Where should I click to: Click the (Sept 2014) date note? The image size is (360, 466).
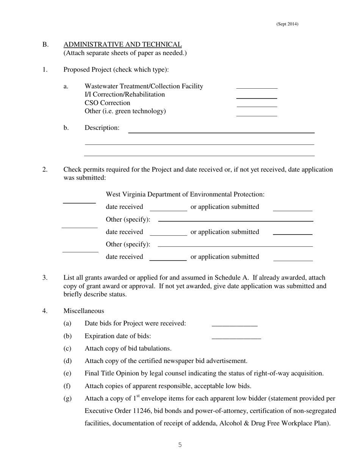tap(287, 24)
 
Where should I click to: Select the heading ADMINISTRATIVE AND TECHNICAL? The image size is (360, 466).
tap(122, 45)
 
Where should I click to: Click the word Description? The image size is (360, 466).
tap(102, 128)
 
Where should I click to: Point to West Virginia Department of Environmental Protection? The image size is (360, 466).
tap(185, 194)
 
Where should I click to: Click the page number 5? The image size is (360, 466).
tap(180, 445)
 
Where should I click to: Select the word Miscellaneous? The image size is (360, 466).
tap(83, 311)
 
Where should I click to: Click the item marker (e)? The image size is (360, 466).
tap(67, 374)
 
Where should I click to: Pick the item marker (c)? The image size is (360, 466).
tap(67, 349)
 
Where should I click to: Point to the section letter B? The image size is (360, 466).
tap(45, 45)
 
